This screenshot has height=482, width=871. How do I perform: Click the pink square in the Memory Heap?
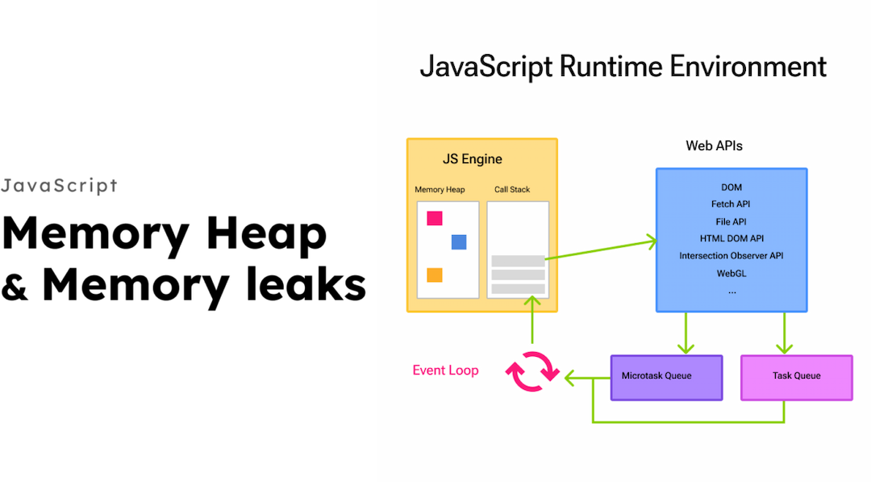point(435,218)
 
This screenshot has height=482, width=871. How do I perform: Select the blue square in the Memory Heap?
point(459,241)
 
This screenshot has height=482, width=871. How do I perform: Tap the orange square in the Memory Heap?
point(435,275)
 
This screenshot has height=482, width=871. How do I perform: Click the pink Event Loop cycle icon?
point(532,371)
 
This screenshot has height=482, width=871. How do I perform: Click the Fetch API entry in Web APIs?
point(731,204)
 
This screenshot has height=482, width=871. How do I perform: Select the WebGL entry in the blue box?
point(731,273)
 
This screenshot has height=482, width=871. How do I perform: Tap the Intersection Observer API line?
point(731,256)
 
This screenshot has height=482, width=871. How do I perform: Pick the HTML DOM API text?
point(731,239)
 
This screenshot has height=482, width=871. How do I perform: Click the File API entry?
point(731,221)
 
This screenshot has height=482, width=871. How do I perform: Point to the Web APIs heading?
point(714,146)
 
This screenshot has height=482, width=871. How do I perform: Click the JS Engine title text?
point(473,159)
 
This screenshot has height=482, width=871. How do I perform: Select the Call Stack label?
point(512,190)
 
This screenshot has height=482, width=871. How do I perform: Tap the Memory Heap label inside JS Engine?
point(440,190)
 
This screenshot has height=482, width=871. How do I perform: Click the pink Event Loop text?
point(445,371)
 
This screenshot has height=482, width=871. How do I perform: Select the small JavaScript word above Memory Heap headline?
point(60,187)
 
